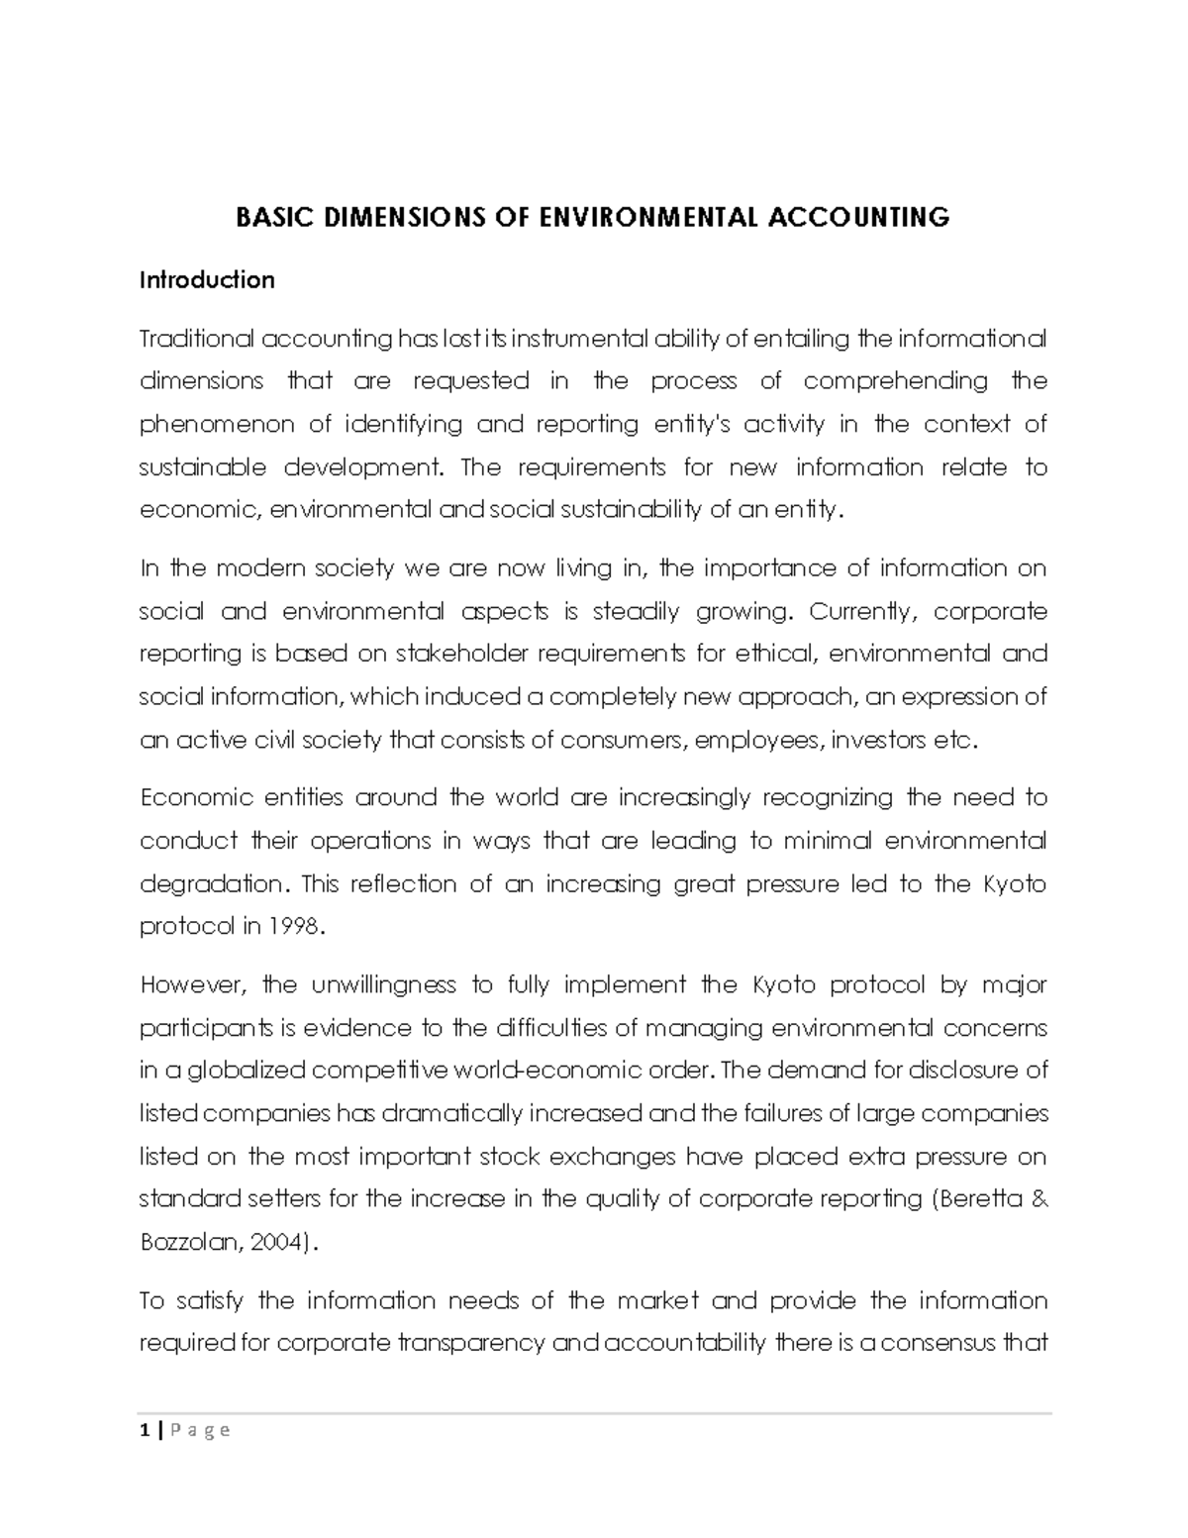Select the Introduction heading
(206, 280)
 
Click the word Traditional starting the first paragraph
(196, 339)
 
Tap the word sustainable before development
(202, 467)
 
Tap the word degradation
(211, 883)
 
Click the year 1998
(295, 927)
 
